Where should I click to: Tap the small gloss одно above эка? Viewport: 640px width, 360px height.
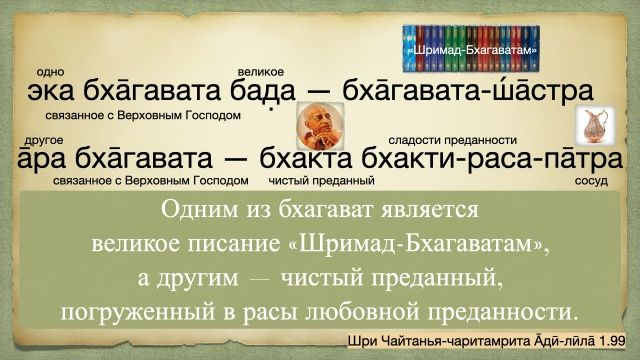pos(49,72)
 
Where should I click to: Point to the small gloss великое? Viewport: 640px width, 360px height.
pos(262,72)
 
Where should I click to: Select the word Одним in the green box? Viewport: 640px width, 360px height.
pos(198,213)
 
